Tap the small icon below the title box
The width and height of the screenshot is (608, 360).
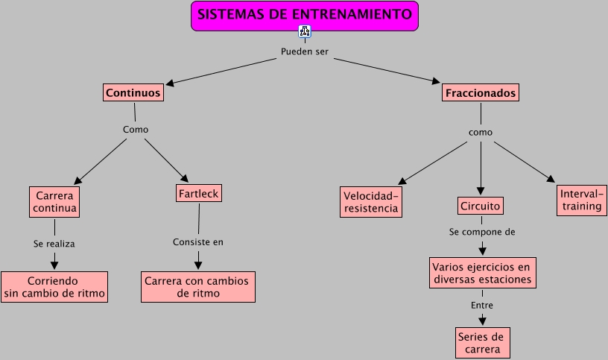[x=304, y=31]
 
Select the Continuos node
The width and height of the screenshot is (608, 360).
[x=133, y=93]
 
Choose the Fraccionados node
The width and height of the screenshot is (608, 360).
[x=481, y=93]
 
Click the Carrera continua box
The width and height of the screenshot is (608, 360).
[x=54, y=202]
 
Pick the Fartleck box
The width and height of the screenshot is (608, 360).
[x=199, y=194]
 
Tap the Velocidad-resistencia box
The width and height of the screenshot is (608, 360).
[x=371, y=201]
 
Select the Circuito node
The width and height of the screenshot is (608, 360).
[x=481, y=205]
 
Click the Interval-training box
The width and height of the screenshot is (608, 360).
[x=580, y=200]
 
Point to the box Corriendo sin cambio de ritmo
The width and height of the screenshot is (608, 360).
[x=54, y=288]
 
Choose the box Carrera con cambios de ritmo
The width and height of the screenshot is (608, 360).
[x=198, y=287]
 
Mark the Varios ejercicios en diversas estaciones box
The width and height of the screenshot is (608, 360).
[x=483, y=273]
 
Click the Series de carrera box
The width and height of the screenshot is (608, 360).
[x=483, y=342]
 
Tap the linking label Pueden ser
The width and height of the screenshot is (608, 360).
[x=304, y=51]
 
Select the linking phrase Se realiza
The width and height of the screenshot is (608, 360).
[x=54, y=243]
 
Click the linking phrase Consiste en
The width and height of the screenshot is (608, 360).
[x=198, y=241]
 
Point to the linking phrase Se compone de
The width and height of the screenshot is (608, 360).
[x=482, y=232]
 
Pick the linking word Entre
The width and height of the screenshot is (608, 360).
[x=482, y=305]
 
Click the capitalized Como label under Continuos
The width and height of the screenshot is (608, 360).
[x=135, y=129]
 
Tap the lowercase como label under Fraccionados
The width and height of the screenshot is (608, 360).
[x=481, y=132]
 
